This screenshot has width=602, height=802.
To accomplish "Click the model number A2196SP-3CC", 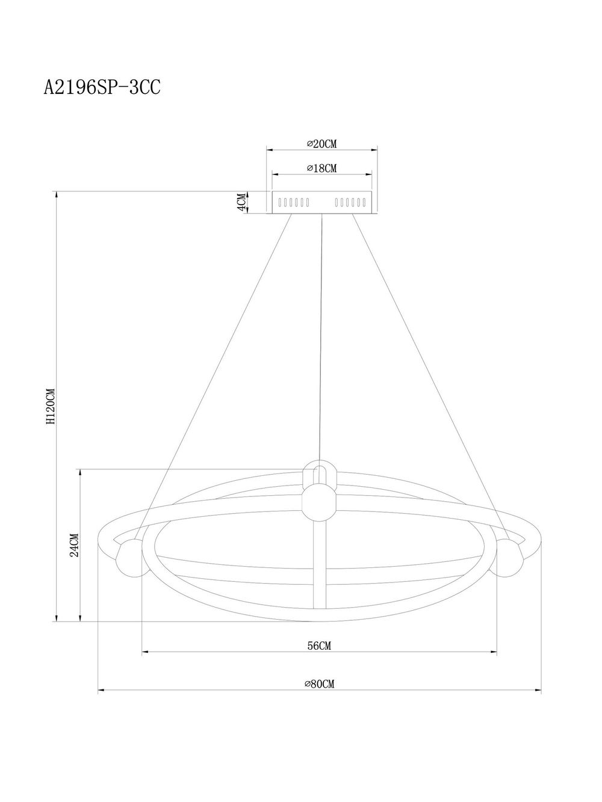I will click(x=102, y=88).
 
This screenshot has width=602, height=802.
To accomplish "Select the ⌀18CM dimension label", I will click(x=321, y=168).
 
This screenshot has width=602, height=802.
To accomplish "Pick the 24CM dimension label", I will click(x=74, y=545).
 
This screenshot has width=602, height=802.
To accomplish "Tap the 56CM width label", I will click(x=320, y=646).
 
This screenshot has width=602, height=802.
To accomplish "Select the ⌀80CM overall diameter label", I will click(x=320, y=683).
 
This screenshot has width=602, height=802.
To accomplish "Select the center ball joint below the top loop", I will click(x=320, y=503).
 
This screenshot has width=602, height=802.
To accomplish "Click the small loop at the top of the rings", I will click(x=320, y=472).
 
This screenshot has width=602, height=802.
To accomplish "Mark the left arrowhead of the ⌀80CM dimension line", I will click(x=101, y=691).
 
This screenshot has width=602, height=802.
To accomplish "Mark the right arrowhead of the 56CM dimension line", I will click(x=494, y=652).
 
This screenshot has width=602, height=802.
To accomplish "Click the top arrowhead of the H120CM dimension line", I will click(x=57, y=194).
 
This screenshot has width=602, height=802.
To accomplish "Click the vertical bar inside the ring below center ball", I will click(x=320, y=566).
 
